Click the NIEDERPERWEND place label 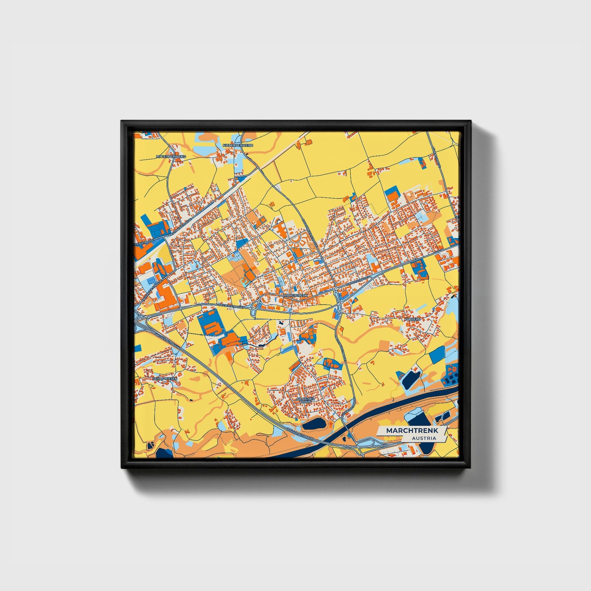tap(238, 145)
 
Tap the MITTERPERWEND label tap(171, 156)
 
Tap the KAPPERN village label tap(412, 319)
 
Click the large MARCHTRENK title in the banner tap(412, 431)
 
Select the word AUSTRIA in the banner tap(424, 438)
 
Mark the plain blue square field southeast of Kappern tap(438, 354)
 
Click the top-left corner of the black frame tap(122, 121)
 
